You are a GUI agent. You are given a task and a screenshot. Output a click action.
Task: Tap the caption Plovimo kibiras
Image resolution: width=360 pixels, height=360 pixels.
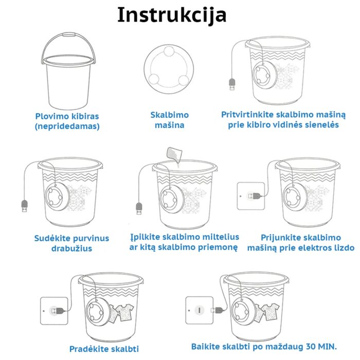[x=67, y=116]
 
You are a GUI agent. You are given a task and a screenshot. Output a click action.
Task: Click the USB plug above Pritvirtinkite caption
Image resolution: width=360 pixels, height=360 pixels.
[x=231, y=83]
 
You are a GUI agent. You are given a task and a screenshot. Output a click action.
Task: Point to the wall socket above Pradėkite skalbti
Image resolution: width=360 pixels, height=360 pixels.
[x=54, y=310]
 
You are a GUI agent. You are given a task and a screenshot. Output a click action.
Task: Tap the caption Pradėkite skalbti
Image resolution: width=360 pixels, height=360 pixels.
[x=104, y=349]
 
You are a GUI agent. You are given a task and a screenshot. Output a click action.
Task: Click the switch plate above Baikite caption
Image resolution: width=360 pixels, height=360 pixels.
[x=199, y=310]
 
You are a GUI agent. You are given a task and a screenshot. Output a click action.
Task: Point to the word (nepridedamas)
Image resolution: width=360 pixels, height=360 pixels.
[x=67, y=126]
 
